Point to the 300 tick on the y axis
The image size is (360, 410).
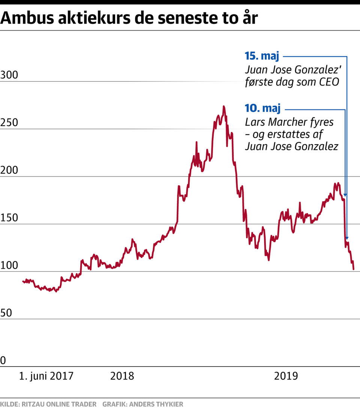coord(9,75)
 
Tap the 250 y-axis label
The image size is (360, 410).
coord(9,123)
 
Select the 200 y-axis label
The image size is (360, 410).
coord(9,170)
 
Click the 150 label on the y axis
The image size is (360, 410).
coord(9,218)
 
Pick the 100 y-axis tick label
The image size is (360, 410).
coord(9,265)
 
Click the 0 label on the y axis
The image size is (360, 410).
coord(3,361)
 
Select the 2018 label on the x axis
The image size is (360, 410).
coord(122,376)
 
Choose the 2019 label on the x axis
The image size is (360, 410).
coord(286,376)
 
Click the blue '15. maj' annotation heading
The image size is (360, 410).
coord(262,57)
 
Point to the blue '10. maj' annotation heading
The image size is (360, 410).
coord(262,109)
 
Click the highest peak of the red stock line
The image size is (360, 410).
coord(224,106)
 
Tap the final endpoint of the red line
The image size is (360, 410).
coord(354,269)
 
